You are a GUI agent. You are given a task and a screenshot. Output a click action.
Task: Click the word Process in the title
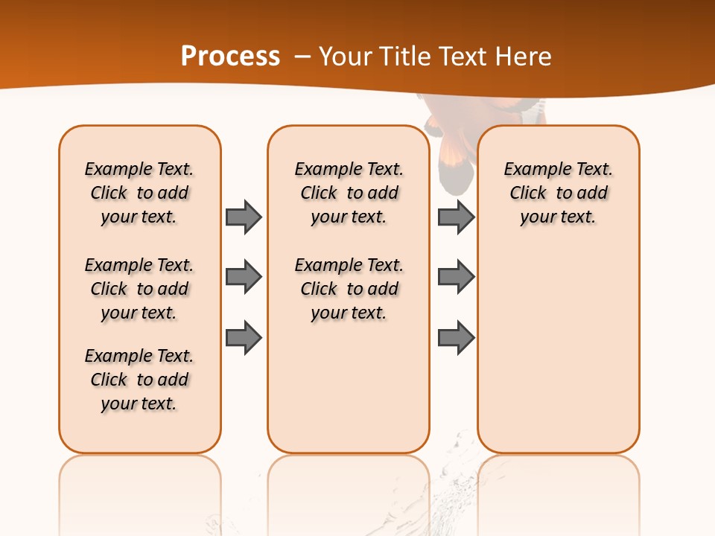[230, 56]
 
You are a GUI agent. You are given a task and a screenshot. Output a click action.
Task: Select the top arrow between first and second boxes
[244, 217]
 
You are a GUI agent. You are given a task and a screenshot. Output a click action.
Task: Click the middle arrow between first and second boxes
[244, 277]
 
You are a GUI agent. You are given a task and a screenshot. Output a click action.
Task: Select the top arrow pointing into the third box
[456, 217]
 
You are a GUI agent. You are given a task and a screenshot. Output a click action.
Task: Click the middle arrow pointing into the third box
[456, 277]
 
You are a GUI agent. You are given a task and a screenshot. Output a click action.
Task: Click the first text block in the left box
[139, 193]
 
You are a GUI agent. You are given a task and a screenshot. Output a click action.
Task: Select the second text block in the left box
[139, 289]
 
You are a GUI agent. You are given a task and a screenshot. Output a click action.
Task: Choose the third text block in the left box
[139, 380]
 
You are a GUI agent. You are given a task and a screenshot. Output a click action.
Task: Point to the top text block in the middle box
[349, 193]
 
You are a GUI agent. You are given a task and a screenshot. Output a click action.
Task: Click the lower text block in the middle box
[349, 289]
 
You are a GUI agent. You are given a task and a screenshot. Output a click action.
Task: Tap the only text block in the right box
[558, 193]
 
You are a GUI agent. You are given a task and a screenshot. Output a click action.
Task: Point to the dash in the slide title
[302, 57]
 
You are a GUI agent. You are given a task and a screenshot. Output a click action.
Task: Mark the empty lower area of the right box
[558, 350]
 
